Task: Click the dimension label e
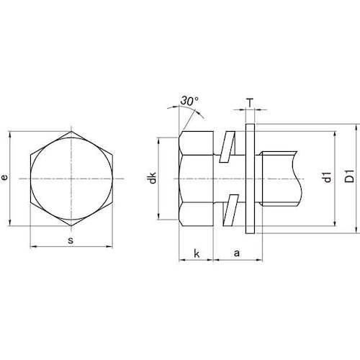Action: tap(4, 177)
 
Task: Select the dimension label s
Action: tap(71, 240)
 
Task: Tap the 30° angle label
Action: tap(189, 101)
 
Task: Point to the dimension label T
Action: tap(250, 104)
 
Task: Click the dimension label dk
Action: tap(153, 178)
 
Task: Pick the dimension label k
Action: tap(197, 253)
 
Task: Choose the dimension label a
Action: tap(237, 253)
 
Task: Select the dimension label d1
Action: tap(328, 177)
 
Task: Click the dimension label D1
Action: tap(350, 176)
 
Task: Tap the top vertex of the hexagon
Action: tap(71, 131)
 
